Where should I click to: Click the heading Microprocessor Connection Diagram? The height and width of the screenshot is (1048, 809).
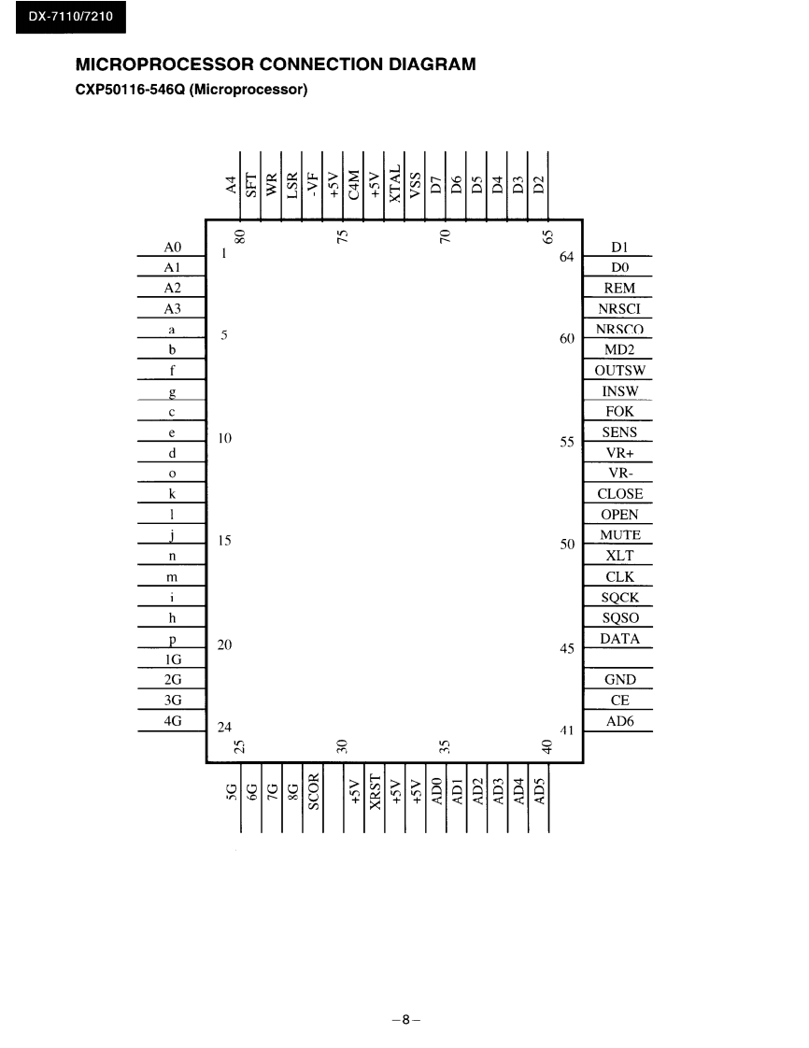[276, 65]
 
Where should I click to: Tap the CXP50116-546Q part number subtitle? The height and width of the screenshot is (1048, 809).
[192, 91]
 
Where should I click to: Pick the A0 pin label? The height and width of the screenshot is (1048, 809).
[171, 248]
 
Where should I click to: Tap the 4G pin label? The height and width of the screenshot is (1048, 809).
[171, 721]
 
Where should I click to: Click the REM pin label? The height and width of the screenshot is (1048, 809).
[619, 289]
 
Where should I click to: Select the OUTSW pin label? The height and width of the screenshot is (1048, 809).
[619, 371]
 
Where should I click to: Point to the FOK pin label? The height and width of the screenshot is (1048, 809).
[619, 412]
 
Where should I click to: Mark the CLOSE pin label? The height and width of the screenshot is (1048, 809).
[619, 494]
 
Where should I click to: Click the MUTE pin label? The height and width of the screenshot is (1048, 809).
[619, 535]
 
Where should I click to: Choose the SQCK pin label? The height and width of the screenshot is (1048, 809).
[619, 597]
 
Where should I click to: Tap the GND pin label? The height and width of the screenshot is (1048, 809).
[619, 680]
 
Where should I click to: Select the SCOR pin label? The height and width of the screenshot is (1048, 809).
[314, 791]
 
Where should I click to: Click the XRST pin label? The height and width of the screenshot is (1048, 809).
[376, 791]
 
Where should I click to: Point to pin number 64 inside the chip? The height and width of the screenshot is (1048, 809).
[566, 257]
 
